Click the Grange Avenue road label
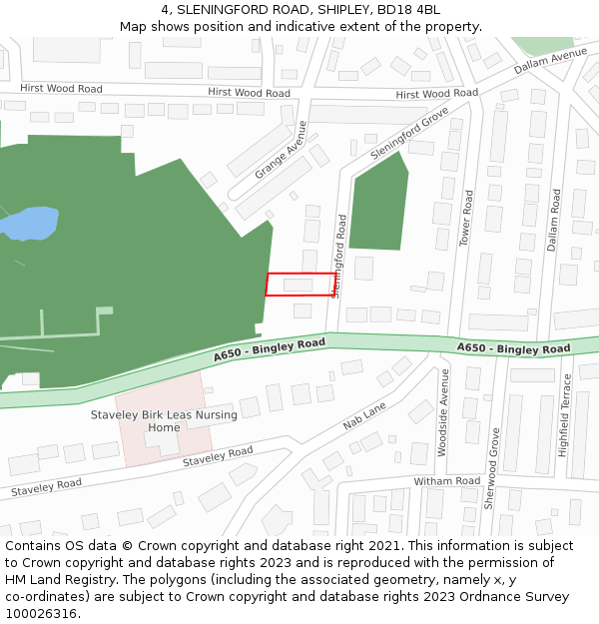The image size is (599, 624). pos(282,150)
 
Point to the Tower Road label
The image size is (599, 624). pos(465,219)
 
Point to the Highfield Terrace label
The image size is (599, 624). pos(565,415)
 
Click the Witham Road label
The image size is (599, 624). pos(447,481)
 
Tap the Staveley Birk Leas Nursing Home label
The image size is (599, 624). pos(164,421)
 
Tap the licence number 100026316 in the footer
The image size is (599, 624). pos(41,613)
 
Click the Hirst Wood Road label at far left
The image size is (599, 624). pos(61,88)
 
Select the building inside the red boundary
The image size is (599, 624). pos(298,286)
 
